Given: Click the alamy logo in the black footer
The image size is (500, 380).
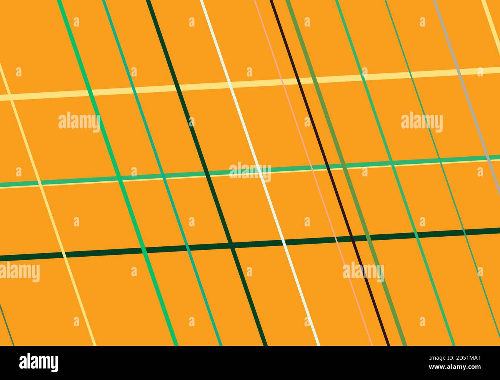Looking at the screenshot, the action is tap(39, 362).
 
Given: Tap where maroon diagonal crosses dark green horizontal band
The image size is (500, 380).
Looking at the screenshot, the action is tap(352, 238).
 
